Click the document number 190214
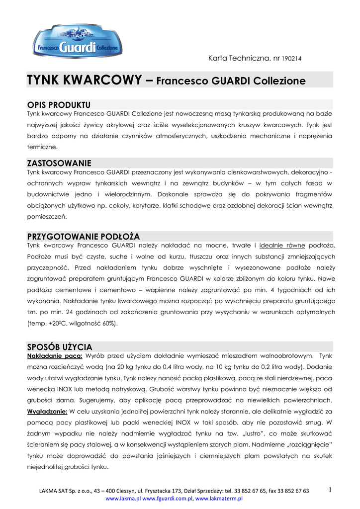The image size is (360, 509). (x=291, y=59)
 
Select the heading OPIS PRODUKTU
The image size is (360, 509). (x=59, y=105)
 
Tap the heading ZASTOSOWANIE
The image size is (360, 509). (x=59, y=163)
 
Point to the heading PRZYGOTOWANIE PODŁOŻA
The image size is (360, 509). (x=83, y=236)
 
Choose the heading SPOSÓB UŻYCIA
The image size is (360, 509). (x=59, y=346)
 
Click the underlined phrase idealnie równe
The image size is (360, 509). (x=282, y=246)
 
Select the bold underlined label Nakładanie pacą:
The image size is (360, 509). (x=55, y=356)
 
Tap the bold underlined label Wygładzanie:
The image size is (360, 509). (x=47, y=411)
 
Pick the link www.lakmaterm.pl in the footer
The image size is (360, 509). (x=219, y=498)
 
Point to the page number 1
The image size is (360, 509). (x=330, y=490)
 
